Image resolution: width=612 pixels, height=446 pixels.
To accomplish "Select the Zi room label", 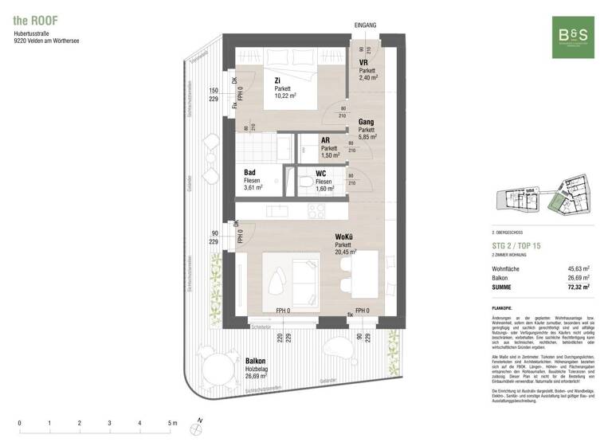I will click(277, 80).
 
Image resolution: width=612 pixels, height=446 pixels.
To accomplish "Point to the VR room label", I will click(363, 63).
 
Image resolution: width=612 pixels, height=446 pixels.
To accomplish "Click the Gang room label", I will click(367, 122).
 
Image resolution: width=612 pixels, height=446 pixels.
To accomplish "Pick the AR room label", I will click(326, 140).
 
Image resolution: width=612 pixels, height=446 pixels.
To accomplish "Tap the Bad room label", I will click(249, 172).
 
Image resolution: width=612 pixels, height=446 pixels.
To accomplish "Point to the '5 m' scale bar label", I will click(173, 423).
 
